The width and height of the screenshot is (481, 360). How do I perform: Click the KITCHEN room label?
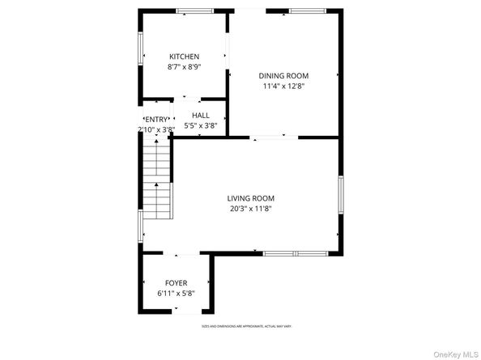pos(184,57)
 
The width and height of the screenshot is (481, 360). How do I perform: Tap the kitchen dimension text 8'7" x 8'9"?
pos(184,67)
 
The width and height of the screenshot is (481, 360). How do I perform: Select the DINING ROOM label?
pos(283,75)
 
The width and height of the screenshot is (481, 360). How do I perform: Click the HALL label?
pos(200,116)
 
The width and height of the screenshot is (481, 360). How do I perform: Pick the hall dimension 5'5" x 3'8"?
pos(200,126)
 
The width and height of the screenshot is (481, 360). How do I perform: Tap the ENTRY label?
pos(158,120)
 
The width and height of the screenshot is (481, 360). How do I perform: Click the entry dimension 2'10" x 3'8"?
pos(156,129)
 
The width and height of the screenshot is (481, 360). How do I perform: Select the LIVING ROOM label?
pos(250,198)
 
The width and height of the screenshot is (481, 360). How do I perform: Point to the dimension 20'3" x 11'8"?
pos(250,209)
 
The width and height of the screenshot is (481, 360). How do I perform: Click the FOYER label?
pos(176,283)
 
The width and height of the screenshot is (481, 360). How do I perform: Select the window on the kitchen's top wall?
pos(195,11)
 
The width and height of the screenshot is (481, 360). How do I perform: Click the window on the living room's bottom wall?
pos(296,253)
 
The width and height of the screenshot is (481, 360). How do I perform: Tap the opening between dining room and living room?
pos(273,138)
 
